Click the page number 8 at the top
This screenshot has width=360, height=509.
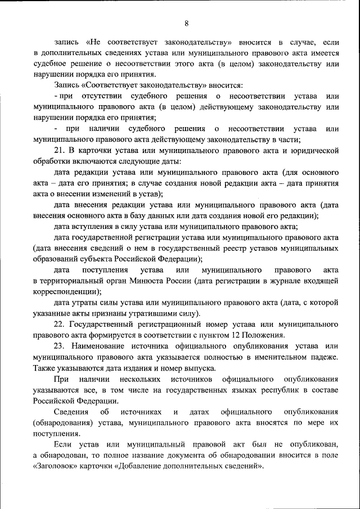(186, 23)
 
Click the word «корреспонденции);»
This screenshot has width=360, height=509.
(67, 291)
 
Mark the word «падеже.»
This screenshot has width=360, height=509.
(325, 356)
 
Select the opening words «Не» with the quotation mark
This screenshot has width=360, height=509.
(93, 42)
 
